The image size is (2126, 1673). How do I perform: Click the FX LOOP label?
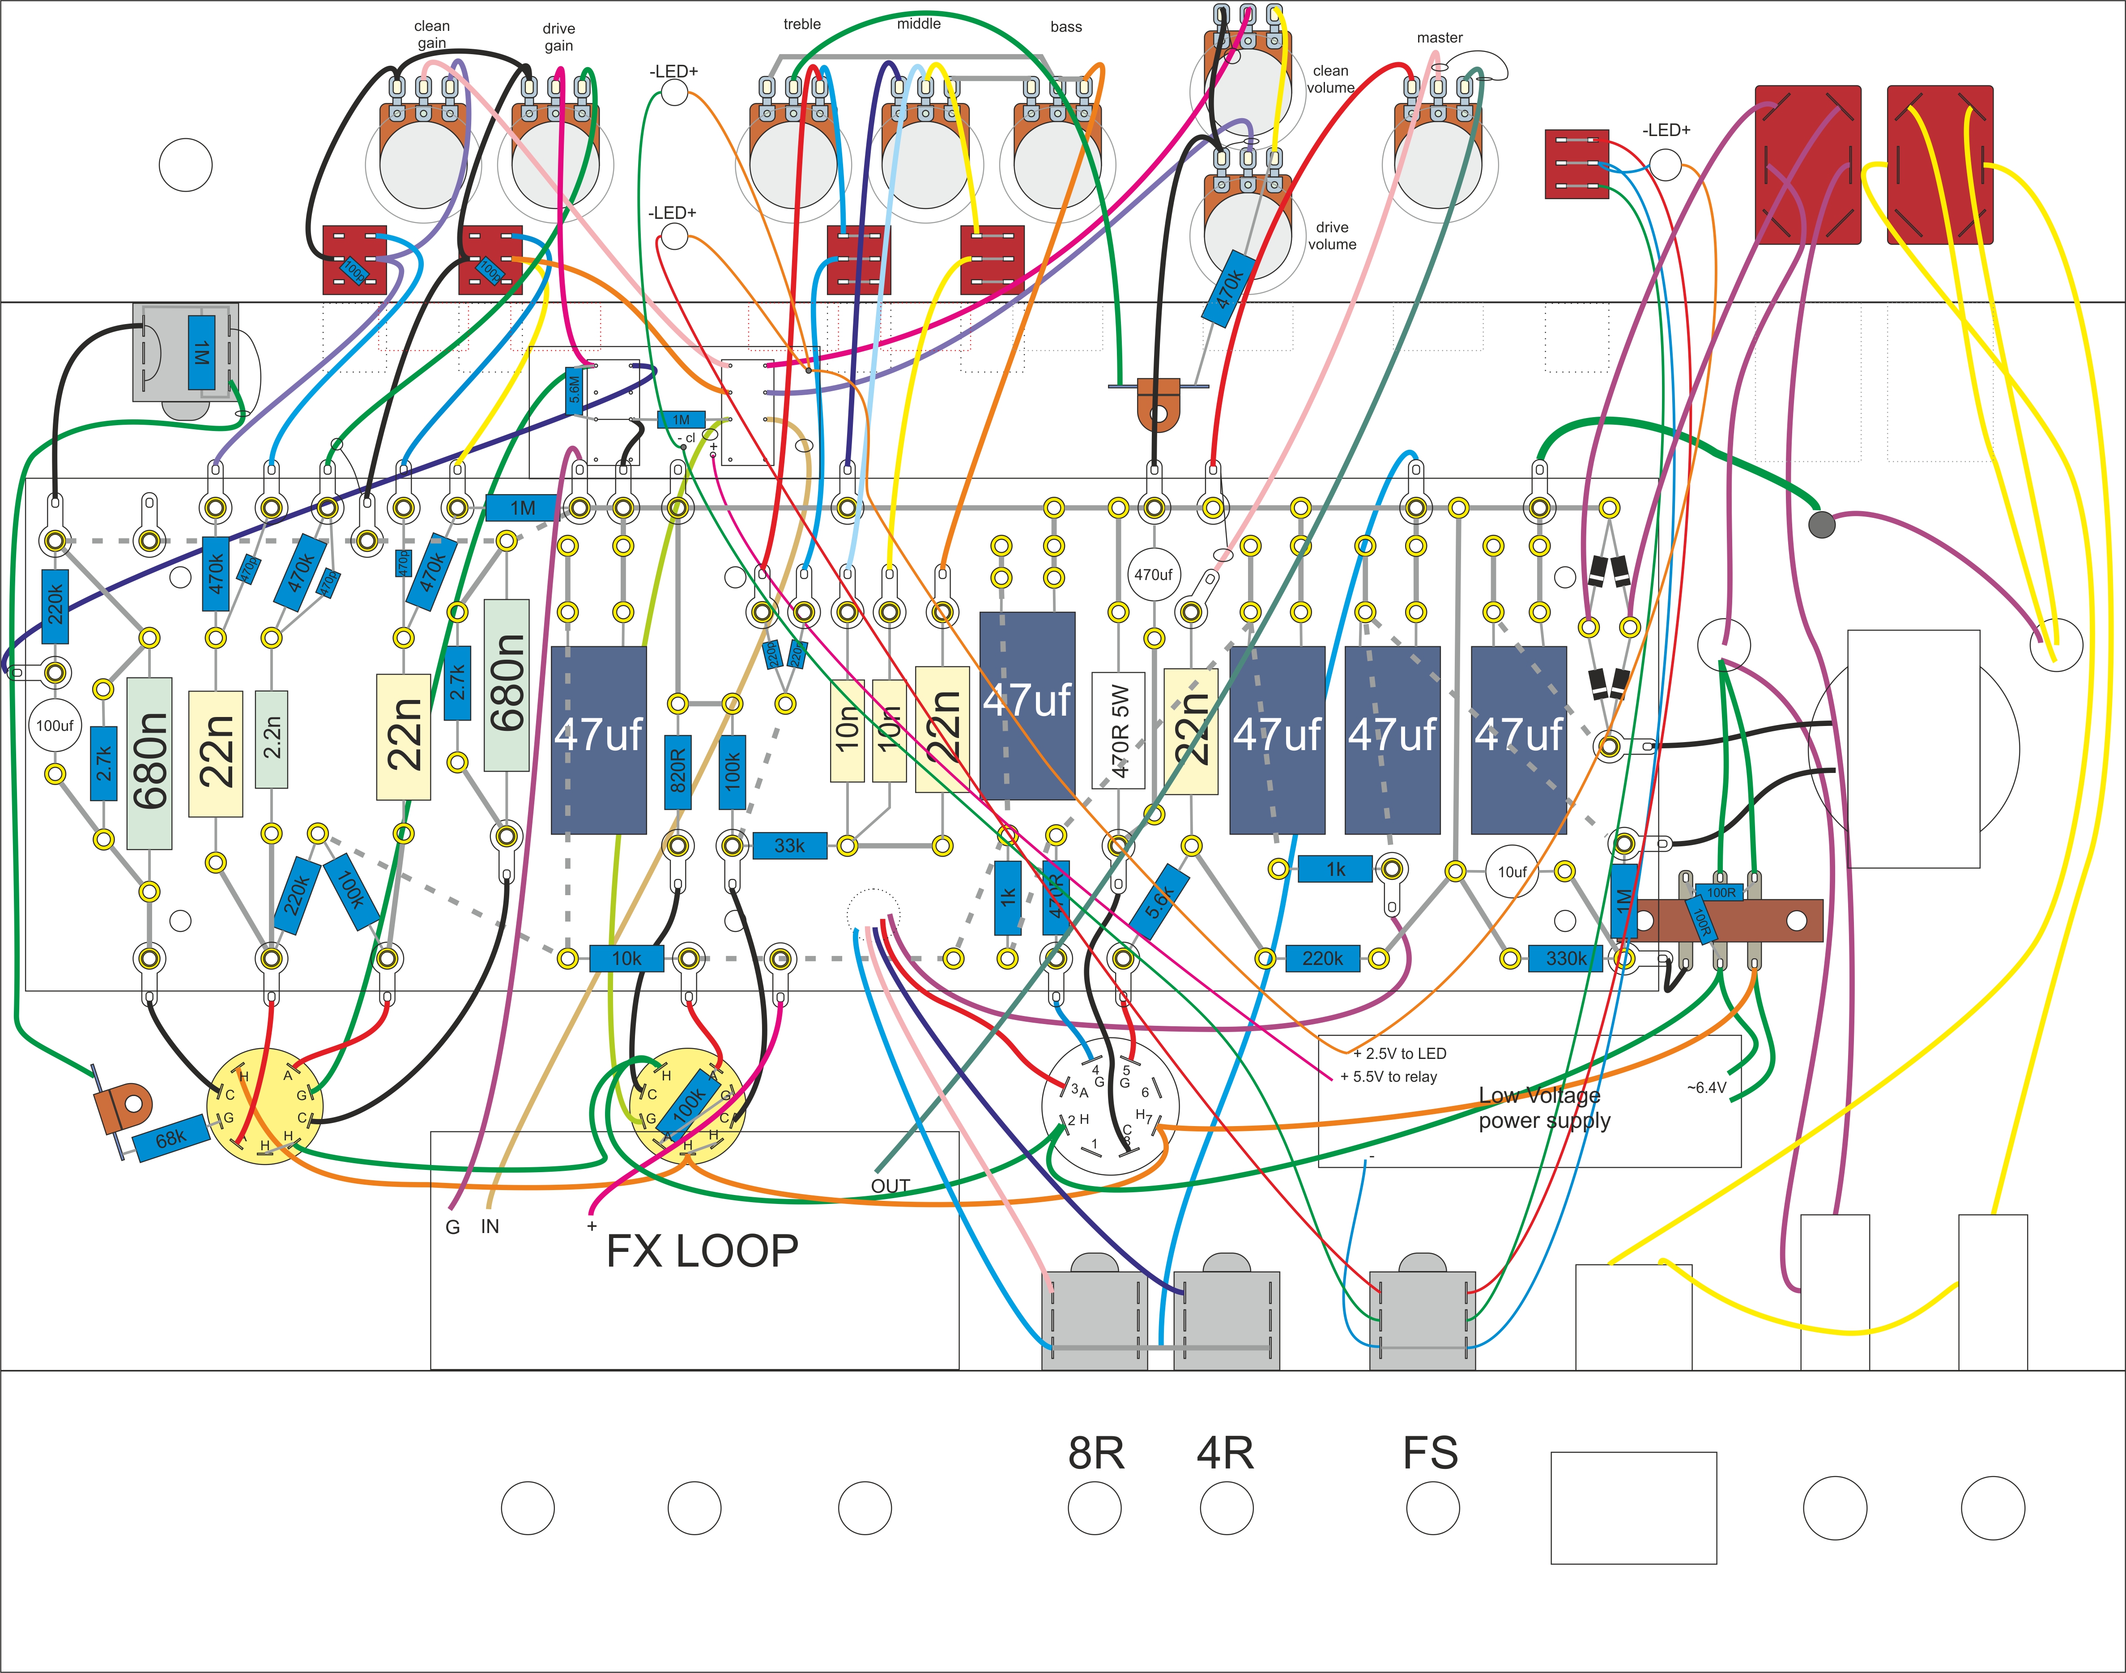coord(702,1251)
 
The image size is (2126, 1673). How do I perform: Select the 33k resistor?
coord(789,845)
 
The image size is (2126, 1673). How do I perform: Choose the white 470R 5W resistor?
coord(1118,730)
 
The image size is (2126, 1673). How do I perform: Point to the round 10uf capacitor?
coord(1512,872)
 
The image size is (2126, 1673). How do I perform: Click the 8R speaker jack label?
coord(1096,1454)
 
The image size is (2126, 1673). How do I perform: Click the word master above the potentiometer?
coord(1440,37)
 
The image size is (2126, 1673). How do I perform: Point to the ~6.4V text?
coord(1706,1087)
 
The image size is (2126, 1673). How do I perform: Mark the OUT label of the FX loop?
coord(890,1186)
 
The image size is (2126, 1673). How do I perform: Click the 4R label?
coord(1225,1454)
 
